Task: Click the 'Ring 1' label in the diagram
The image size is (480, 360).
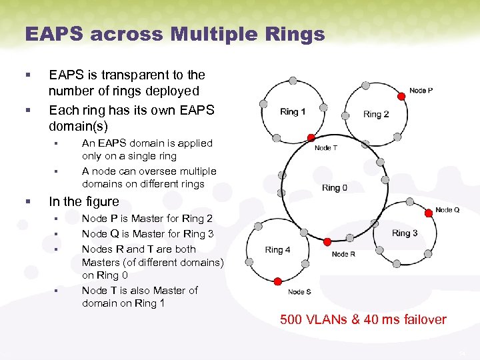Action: [293, 111]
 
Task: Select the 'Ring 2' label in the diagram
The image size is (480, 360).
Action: [376, 114]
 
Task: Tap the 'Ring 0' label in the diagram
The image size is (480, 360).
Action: [335, 187]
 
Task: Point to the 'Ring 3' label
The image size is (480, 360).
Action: [405, 233]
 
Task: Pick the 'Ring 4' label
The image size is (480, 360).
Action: [278, 249]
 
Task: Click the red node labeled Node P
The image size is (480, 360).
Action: [401, 97]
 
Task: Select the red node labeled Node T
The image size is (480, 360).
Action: [311, 138]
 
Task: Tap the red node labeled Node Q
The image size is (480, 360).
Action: [429, 213]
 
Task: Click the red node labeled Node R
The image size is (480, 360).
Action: [327, 241]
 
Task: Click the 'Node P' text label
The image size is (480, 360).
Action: [421, 90]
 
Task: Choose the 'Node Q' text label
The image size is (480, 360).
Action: [447, 210]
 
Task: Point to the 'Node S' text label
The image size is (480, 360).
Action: [299, 292]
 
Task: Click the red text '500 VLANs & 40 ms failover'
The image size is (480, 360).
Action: [363, 319]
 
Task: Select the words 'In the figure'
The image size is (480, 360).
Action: [84, 201]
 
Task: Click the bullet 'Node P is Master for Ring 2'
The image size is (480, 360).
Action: [147, 219]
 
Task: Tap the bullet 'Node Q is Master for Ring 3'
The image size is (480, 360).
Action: [147, 233]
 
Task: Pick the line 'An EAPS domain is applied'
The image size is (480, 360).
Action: [147, 143]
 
